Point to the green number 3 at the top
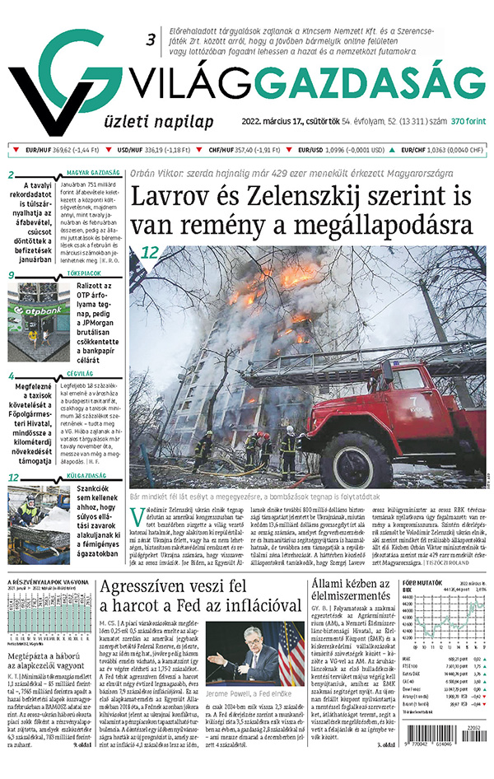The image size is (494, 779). (151, 40)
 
